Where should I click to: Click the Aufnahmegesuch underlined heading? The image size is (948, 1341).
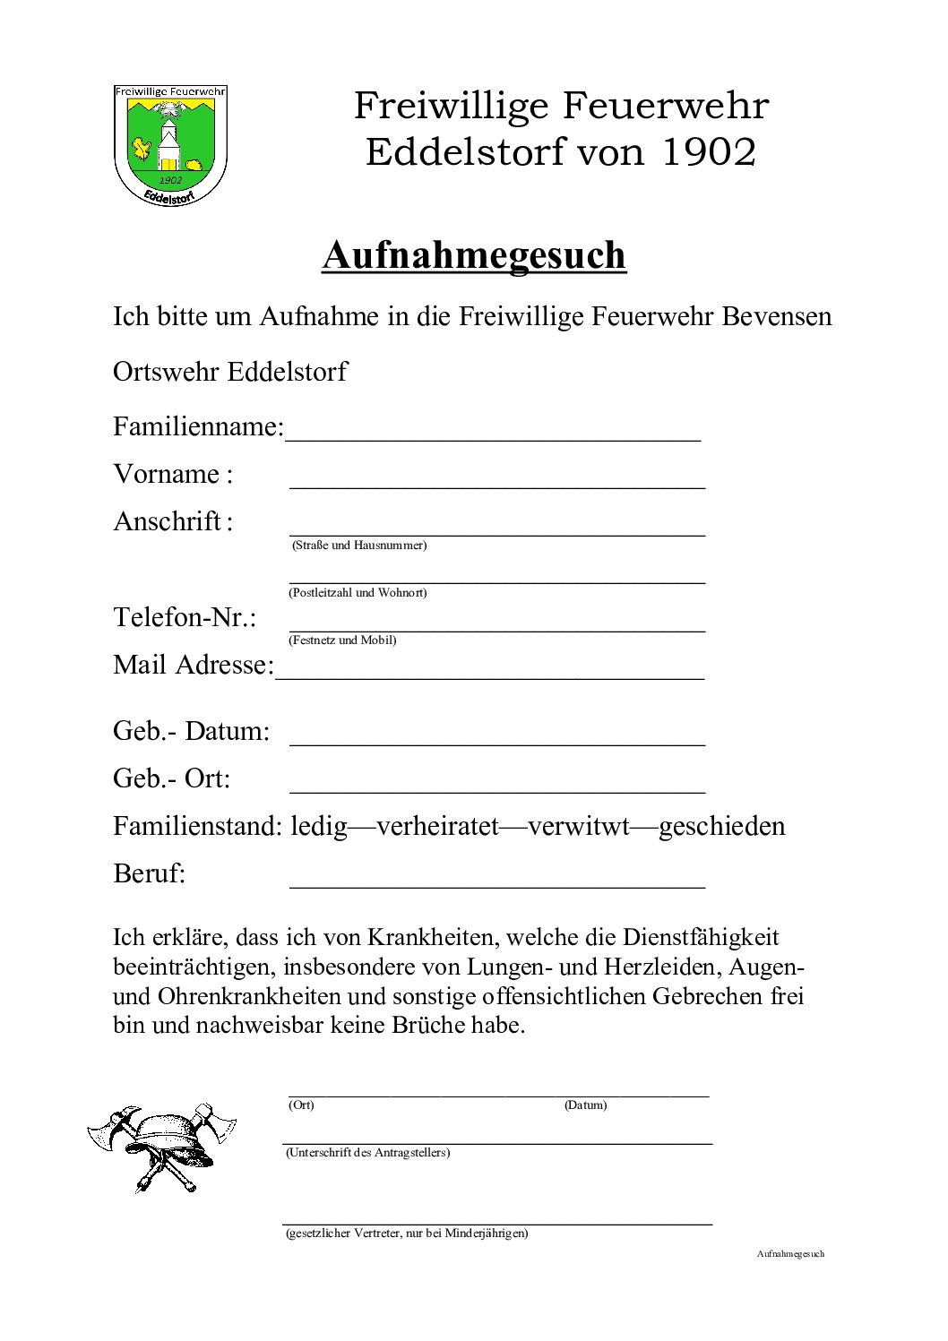coord(474,255)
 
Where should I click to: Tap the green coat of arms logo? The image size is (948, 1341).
coord(170,144)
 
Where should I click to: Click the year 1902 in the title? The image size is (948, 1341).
coord(709,152)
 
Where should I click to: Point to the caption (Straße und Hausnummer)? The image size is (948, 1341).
coord(358,546)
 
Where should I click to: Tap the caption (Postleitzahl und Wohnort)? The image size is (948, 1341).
coord(358,593)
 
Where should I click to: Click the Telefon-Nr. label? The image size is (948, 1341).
coord(185,617)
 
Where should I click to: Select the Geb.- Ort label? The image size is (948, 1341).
coord(171,778)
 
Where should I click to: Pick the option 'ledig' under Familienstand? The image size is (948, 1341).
coord(318,826)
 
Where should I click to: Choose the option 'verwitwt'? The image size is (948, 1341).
coord(579,826)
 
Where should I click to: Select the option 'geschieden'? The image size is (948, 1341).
coord(721,826)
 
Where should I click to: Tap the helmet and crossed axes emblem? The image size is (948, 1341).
coord(162,1147)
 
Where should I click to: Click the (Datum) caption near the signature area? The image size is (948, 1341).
coord(585,1105)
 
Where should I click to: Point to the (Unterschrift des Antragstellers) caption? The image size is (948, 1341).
coord(367,1153)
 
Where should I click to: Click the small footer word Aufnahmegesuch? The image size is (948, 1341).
coord(790,1254)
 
